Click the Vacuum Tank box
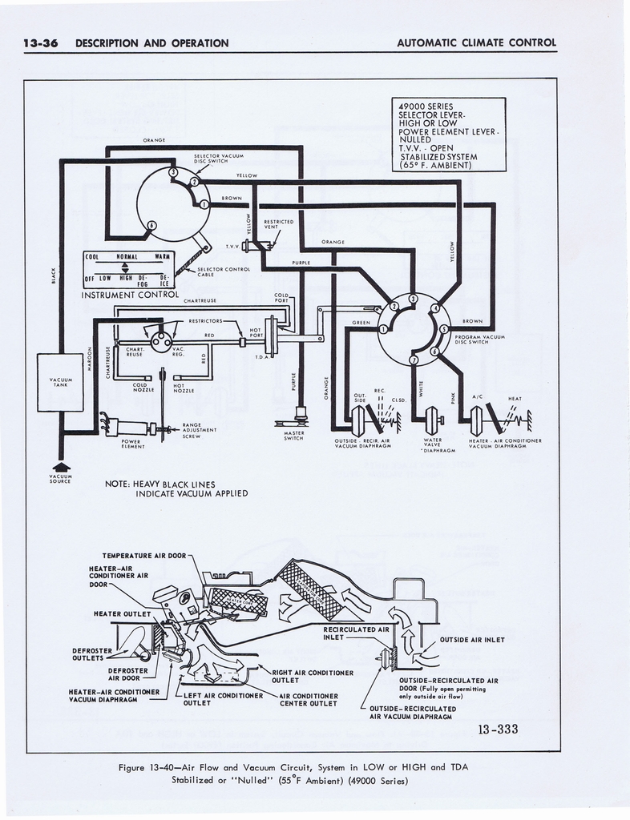point(60,382)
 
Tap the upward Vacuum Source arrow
point(61,467)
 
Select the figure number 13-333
point(497,729)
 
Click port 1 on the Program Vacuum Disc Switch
point(384,329)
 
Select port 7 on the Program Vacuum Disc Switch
point(414,360)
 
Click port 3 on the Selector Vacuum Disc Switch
point(174,173)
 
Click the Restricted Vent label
point(279,224)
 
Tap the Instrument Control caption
point(129,295)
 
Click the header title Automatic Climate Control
point(476,43)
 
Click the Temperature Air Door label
point(144,556)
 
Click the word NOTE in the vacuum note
point(118,484)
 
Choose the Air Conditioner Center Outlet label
point(309,700)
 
